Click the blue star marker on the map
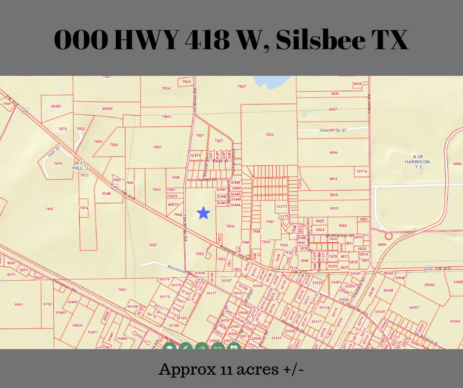click(203, 213)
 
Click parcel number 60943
click(56, 106)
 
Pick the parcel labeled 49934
click(107, 109)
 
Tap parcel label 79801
click(166, 117)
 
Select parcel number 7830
click(269, 134)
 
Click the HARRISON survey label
click(418, 162)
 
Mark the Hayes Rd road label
click(369, 107)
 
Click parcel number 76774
click(362, 172)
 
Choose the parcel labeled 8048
click(106, 194)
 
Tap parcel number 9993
click(18, 304)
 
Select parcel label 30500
click(77, 325)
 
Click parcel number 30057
click(414, 307)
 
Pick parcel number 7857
click(157, 147)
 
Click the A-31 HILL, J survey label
click(80, 165)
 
